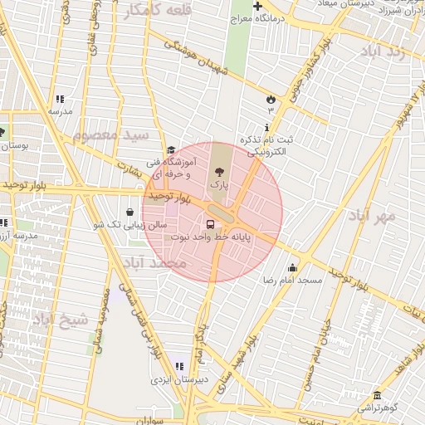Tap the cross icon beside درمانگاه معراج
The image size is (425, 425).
(x=258, y=7)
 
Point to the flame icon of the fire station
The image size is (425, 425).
(x=270, y=99)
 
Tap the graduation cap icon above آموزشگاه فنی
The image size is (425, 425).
(x=171, y=150)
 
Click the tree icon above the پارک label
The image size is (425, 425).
(x=219, y=169)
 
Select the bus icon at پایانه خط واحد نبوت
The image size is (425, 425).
(x=209, y=224)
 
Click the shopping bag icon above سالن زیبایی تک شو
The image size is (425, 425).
(x=129, y=212)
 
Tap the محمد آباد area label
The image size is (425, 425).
(x=155, y=262)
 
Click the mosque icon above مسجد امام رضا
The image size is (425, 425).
(x=292, y=267)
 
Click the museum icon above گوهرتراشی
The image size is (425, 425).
(x=378, y=395)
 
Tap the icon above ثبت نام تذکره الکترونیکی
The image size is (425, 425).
(x=266, y=127)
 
